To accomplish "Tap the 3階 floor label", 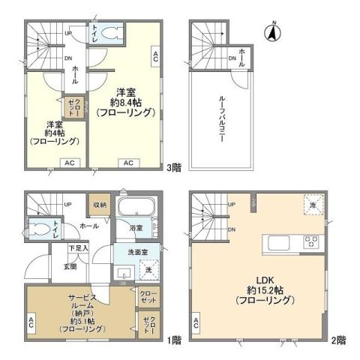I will coord(174,169).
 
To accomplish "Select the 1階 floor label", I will coord(174,339).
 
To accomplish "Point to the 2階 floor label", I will coord(340,339).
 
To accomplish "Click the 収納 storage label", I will coord(100,203).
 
